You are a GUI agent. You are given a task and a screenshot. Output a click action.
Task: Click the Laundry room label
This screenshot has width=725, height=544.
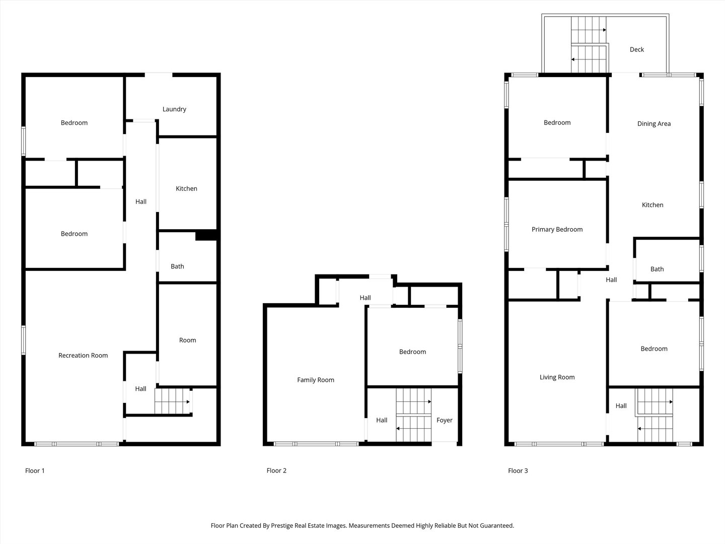[174, 109]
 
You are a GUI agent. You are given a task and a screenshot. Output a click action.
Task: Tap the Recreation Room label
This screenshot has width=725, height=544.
[83, 356]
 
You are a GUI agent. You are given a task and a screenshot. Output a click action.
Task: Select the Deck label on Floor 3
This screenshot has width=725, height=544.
[636, 49]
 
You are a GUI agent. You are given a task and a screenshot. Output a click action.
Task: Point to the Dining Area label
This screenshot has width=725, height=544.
[654, 124]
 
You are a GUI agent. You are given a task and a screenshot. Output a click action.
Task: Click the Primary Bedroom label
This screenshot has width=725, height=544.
[557, 230]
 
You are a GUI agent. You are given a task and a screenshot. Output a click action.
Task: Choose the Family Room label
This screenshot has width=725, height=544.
[316, 380]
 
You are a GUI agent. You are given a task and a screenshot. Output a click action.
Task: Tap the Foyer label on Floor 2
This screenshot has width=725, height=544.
[444, 421]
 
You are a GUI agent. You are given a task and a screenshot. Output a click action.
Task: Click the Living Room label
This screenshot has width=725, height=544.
[557, 377]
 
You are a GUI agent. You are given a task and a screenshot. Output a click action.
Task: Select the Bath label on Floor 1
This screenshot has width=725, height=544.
[177, 266]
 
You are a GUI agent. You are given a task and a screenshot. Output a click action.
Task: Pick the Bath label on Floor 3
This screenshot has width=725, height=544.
[657, 269]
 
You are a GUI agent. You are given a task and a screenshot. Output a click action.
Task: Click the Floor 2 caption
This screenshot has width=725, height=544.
[276, 470]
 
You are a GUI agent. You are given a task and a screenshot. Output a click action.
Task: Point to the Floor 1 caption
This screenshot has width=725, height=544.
[35, 470]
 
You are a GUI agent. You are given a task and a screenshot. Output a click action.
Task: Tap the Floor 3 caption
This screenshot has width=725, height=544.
[518, 470]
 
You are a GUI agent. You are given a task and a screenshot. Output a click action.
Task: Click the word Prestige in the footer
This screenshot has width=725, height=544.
[282, 525]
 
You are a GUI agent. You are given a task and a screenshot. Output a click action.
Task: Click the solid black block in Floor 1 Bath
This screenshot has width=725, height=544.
[206, 235]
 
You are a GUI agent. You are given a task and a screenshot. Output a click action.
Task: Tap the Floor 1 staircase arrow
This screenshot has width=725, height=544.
[172, 402]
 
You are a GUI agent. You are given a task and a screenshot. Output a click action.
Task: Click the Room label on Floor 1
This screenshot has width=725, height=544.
[187, 340]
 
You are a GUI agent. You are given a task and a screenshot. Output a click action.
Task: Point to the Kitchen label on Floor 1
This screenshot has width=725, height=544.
[186, 188]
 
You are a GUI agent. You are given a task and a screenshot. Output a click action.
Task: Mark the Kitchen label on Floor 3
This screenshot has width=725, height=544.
[652, 205]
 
